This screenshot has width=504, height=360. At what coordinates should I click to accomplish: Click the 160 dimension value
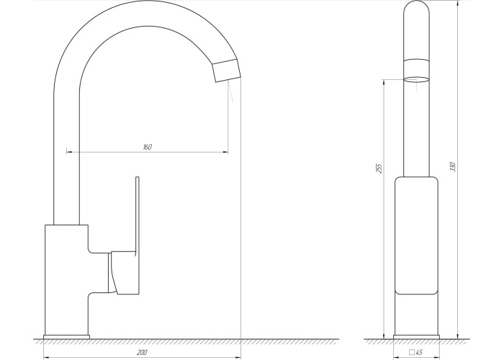pos(147,147)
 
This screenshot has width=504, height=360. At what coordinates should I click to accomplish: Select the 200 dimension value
pos(142,353)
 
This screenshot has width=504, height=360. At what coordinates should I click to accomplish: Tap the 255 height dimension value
pos(379,168)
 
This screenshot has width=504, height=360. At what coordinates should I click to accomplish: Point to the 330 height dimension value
pos(453,167)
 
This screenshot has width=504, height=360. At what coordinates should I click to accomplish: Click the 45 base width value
pos(419,353)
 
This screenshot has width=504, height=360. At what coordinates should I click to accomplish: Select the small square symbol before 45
pos(412,353)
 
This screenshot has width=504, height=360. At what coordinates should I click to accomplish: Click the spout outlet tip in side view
pos(226,71)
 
